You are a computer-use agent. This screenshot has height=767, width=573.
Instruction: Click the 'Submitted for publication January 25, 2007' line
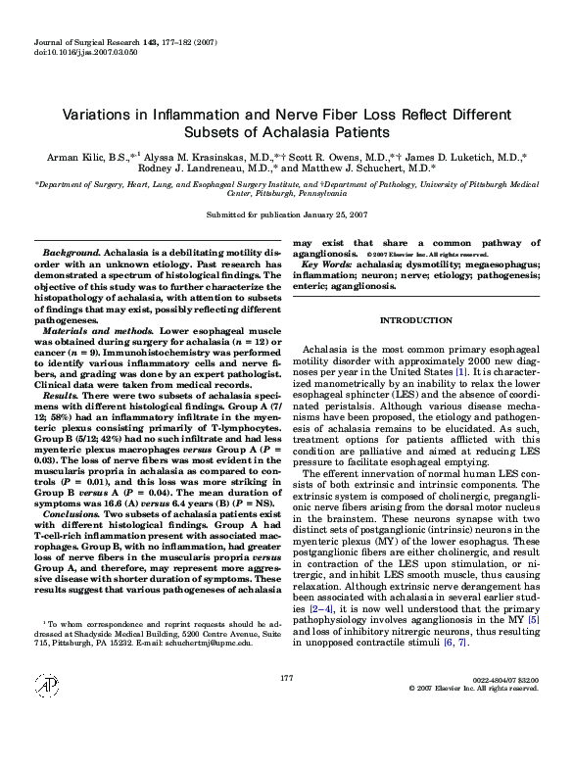tap(286, 214)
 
